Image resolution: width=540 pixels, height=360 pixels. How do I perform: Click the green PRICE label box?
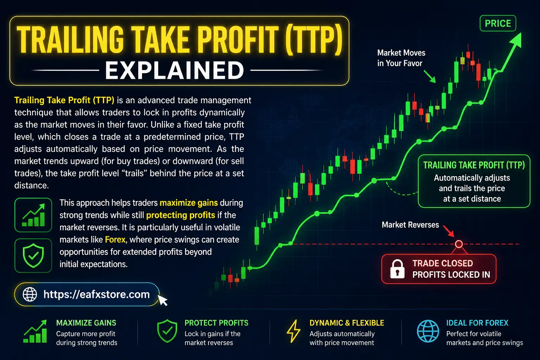[498, 24]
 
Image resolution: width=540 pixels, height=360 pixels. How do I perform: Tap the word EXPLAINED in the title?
[174, 70]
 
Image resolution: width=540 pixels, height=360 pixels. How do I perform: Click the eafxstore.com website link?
[96, 294]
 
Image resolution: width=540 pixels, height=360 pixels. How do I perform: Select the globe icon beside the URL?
[30, 294]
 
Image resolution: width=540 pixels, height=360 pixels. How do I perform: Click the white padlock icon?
[397, 269]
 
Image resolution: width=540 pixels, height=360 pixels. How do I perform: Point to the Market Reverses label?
[410, 225]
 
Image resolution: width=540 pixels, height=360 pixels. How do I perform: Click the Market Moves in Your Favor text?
[401, 58]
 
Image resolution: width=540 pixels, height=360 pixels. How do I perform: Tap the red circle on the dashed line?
[459, 244]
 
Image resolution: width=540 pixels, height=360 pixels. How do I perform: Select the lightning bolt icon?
[294, 331]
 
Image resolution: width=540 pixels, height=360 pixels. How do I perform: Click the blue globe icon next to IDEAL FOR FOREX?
[428, 331]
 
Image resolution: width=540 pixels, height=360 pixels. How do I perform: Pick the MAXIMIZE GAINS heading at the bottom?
[86, 323]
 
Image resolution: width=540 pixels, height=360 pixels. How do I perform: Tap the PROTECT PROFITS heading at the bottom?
[216, 323]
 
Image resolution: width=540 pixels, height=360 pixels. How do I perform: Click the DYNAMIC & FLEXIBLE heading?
[347, 323]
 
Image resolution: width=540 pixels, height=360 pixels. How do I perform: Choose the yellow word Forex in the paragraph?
[115, 240]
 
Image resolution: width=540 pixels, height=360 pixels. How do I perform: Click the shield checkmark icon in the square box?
[33, 256]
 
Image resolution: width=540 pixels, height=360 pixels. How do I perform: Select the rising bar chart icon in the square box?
[33, 215]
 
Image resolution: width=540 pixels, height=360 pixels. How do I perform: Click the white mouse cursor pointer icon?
[162, 300]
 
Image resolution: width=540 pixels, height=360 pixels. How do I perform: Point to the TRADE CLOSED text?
[442, 263]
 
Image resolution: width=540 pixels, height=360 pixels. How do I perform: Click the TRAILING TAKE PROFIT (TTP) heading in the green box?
[474, 165]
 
